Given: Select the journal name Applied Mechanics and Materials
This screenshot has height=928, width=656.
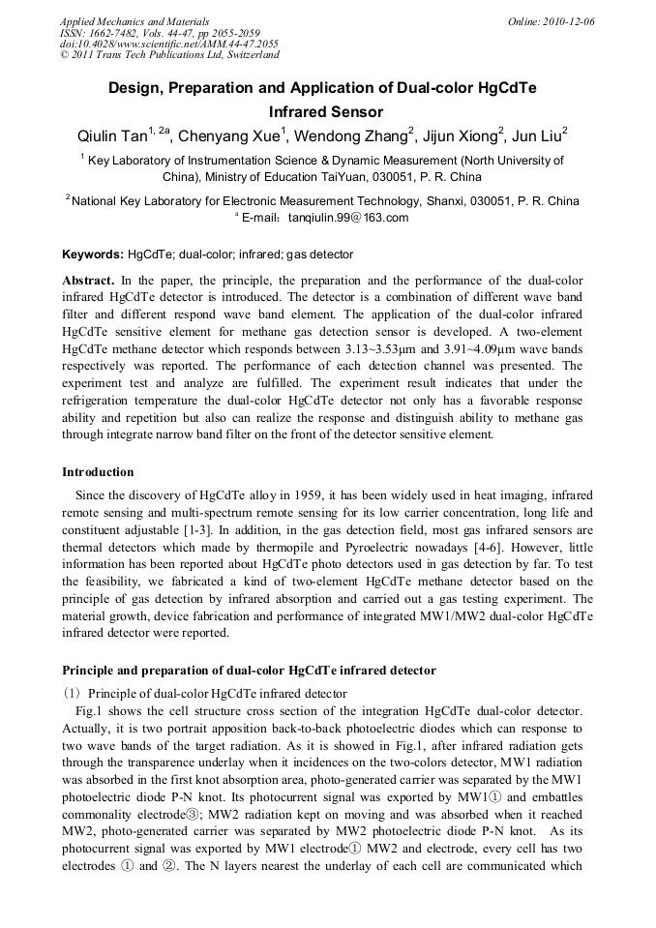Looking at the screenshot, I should (x=134, y=21).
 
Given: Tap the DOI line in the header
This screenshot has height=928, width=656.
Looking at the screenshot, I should (x=169, y=44).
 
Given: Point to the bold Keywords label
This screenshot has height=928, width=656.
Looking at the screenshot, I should (x=93, y=254).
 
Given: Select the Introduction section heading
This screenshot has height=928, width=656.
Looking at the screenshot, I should (x=98, y=472).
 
